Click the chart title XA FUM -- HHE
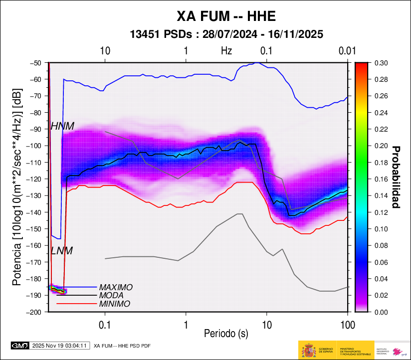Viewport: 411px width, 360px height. pos(226,16)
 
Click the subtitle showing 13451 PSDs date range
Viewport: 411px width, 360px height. pos(226,34)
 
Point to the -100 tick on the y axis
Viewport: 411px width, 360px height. pos(36,146)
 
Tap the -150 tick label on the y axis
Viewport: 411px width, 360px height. pos(36,229)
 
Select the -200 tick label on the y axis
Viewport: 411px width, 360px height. pos(36,312)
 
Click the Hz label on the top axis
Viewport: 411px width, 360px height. pos(226,51)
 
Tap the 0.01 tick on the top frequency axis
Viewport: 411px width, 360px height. pos(347,51)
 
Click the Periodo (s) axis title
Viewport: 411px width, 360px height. pos(226,332)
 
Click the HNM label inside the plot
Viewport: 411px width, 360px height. pos(62,127)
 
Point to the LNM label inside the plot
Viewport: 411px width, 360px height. pos(62,251)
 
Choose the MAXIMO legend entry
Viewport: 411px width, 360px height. pos(116,287)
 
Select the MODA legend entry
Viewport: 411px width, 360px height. pos(112,295)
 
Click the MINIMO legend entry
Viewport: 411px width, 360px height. pos(115,304)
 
